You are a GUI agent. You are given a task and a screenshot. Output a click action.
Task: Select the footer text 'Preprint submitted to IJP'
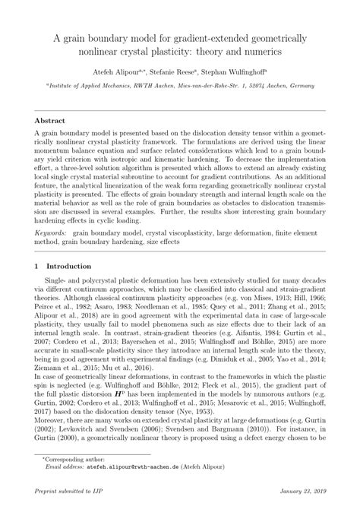[69, 495]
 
